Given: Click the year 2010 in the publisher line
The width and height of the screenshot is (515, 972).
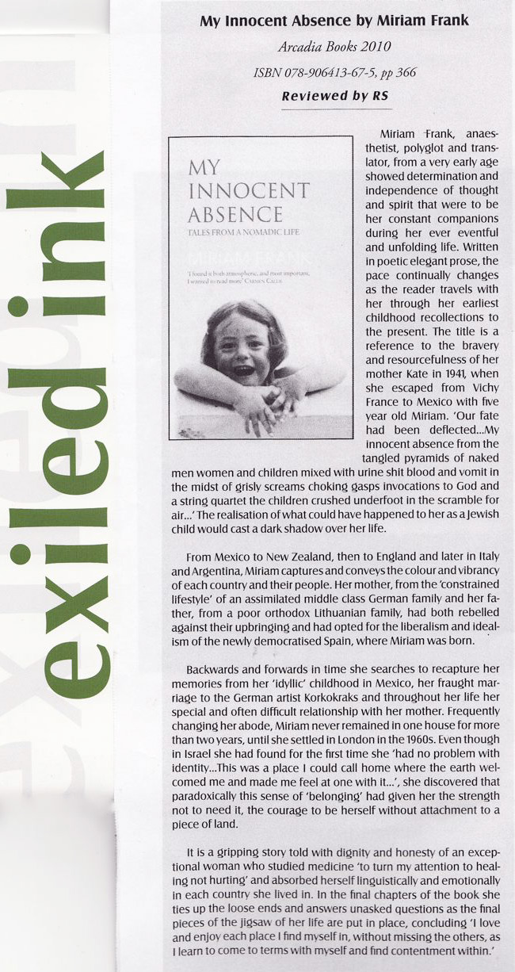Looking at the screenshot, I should [x=374, y=45].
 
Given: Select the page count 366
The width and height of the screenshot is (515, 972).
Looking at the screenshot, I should [x=403, y=73].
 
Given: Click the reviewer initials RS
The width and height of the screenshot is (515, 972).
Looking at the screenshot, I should [x=379, y=97].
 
